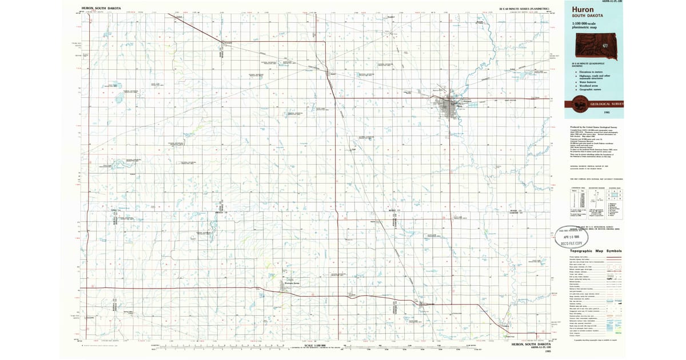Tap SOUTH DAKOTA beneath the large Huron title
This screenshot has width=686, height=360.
tap(580, 16)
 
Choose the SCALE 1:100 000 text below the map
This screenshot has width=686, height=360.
tap(316, 345)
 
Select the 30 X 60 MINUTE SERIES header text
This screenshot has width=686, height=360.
tap(524, 9)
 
